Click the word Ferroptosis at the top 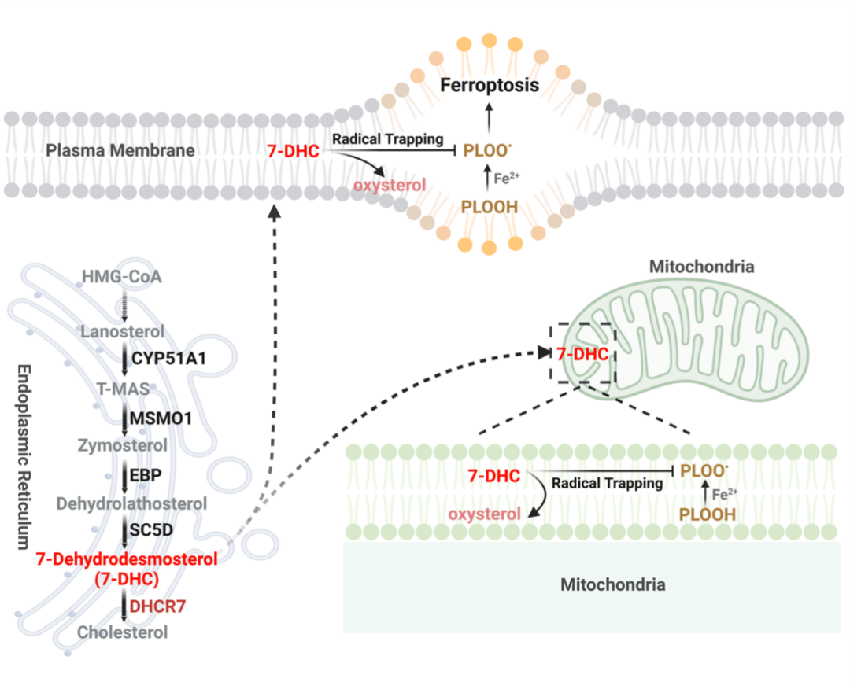[x=490, y=85]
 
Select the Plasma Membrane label [x=120, y=149]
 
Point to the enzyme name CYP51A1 [x=169, y=359]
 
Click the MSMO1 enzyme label [x=161, y=418]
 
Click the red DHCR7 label [x=162, y=606]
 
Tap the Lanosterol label [x=123, y=332]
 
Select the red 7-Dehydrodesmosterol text [x=126, y=559]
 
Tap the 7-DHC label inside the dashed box [x=582, y=355]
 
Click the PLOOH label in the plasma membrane [x=490, y=206]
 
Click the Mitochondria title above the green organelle [x=701, y=267]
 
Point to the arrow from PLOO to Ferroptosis [x=490, y=118]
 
